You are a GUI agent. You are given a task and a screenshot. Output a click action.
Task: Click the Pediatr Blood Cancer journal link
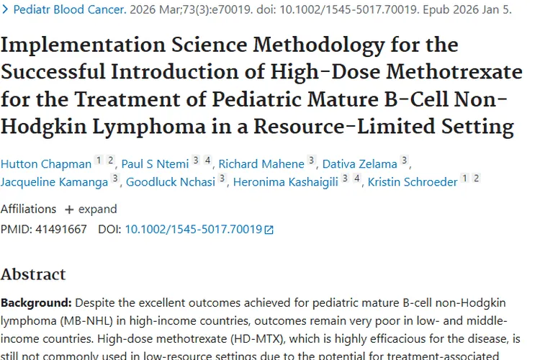[69, 10]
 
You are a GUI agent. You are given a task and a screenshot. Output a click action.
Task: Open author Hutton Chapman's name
[46, 163]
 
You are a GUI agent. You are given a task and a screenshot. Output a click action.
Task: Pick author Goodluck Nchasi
[171, 181]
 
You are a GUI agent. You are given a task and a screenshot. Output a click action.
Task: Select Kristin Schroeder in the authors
[413, 181]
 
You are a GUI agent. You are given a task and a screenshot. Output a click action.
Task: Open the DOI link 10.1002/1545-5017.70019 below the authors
[193, 230]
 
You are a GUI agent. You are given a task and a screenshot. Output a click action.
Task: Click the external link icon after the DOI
[269, 230]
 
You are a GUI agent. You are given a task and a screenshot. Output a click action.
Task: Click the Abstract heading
[33, 274]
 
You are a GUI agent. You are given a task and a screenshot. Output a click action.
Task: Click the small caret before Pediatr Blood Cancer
[6, 10]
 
